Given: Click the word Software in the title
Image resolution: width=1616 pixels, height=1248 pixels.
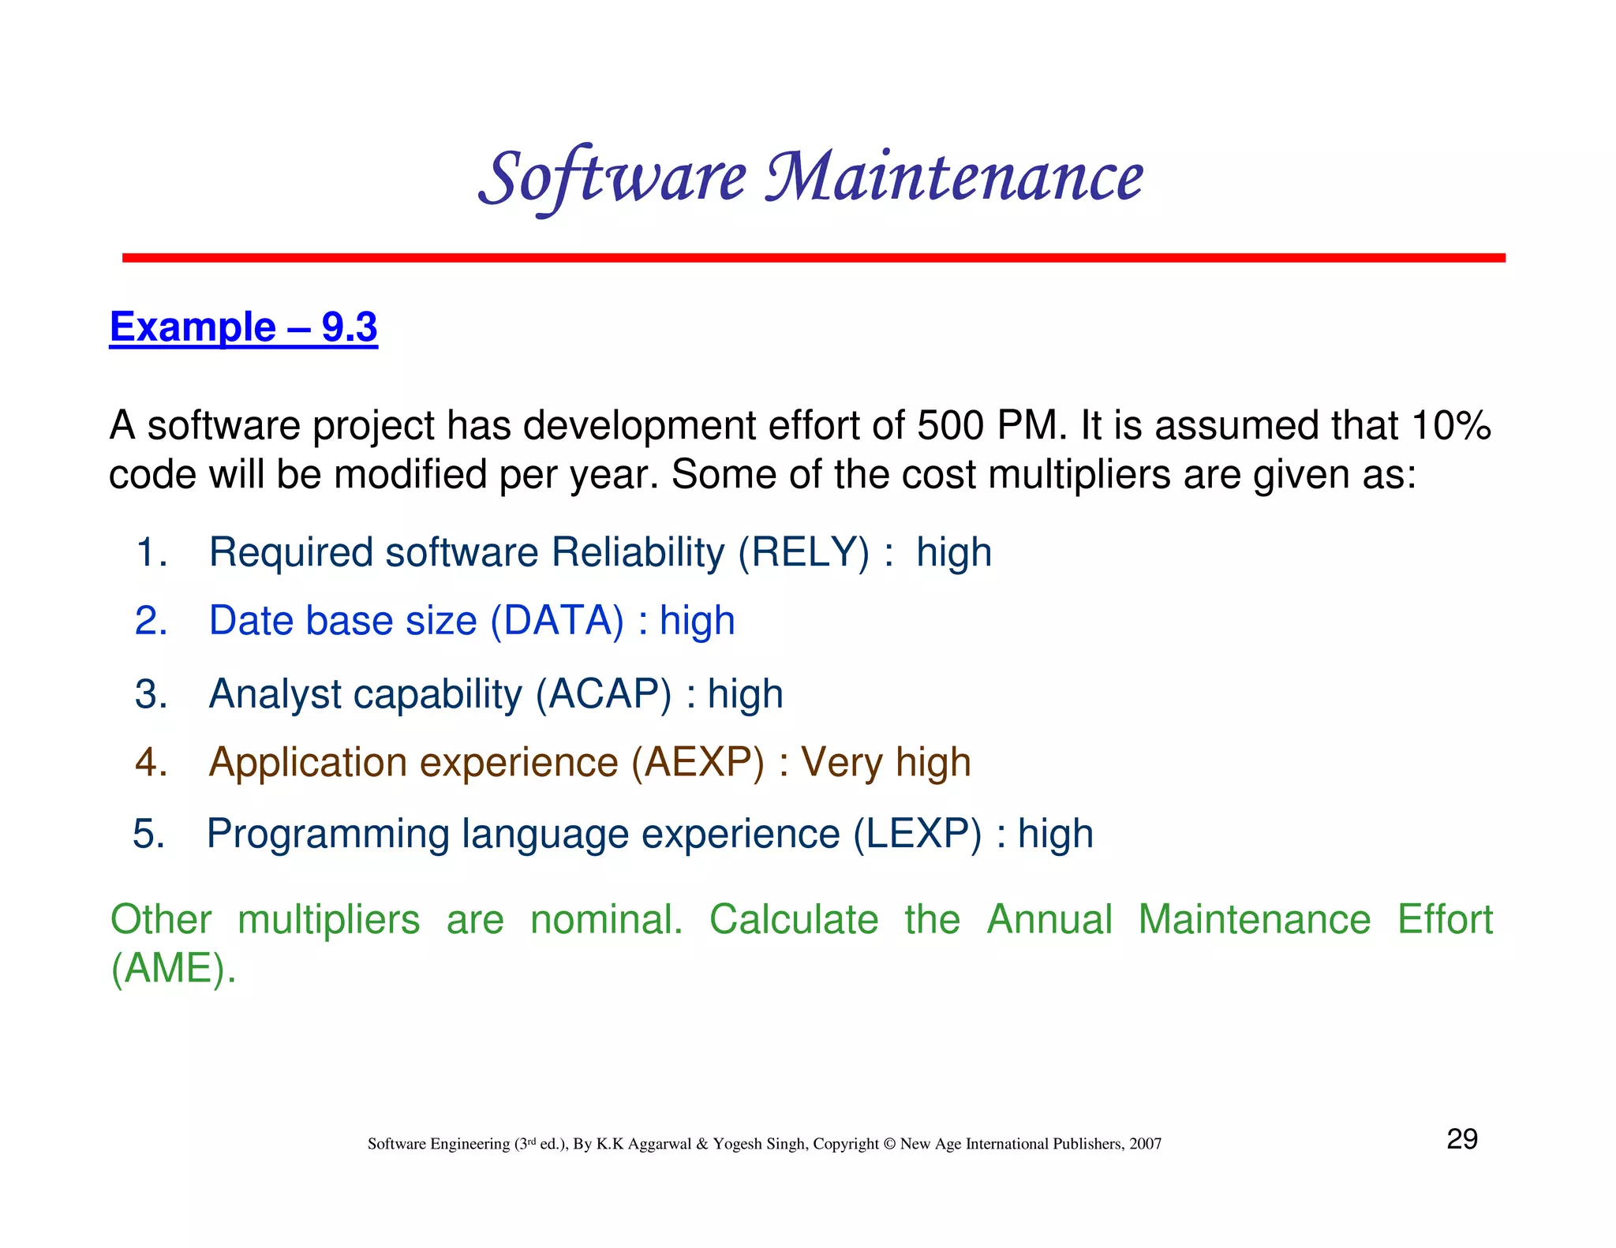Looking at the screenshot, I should coord(612,177).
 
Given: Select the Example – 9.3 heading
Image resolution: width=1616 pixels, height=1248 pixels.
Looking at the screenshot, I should coord(243,327).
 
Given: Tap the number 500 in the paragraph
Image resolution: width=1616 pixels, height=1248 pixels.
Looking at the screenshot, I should coord(949,426).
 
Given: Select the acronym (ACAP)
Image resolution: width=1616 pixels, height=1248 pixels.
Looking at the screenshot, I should coord(604,694).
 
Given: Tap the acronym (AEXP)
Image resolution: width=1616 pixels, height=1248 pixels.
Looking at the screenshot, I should coord(698,763).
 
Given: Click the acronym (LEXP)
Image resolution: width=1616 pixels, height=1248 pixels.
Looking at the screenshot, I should coord(918,834).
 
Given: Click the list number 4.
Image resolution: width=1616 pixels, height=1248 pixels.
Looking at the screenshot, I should coord(151,763).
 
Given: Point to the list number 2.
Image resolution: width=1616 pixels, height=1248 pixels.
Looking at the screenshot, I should coord(151,621).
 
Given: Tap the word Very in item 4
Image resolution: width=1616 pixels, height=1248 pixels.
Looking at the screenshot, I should coord(841,763).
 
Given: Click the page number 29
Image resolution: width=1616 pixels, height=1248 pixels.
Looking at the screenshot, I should coord(1461,1139).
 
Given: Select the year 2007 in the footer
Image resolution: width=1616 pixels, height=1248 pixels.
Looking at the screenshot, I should coord(1145,1144).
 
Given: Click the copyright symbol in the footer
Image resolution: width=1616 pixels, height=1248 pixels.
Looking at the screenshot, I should coord(889,1144).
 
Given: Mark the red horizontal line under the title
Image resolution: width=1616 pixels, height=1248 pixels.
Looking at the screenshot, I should coord(813,258).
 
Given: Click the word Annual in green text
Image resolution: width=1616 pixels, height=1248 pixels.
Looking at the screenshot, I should coord(1049,920).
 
